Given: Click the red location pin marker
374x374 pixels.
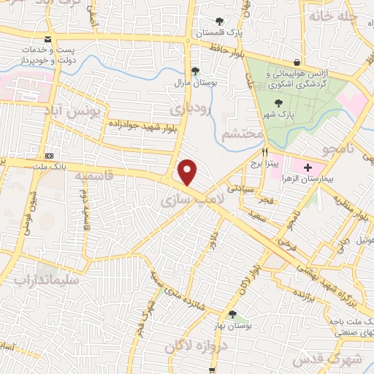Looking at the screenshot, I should tap(188, 172).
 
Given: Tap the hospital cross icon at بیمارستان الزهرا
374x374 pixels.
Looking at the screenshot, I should tap(308, 168).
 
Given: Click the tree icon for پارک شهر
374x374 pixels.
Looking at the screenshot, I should tap(278, 103).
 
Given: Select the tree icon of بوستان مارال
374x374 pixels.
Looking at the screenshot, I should tap(195, 71).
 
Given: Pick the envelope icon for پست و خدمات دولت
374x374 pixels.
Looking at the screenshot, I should tap(48, 39).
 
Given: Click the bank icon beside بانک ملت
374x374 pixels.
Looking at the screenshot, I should tap(50, 156).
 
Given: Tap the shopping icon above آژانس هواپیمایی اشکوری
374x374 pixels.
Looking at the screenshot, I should tap(296, 63).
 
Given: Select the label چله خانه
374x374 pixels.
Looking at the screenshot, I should tap(334, 15).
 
